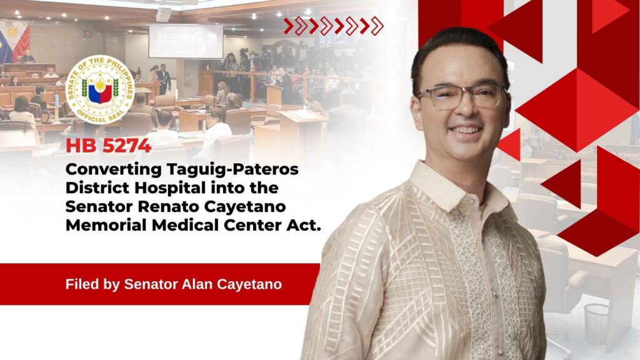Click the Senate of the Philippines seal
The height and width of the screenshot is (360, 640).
click(x=100, y=90)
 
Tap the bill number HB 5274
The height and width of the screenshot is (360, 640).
click(x=108, y=146)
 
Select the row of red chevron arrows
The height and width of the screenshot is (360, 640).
click(x=334, y=26)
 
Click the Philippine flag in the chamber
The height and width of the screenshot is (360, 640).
click(x=14, y=41)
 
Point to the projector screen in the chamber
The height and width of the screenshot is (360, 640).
click(x=186, y=41)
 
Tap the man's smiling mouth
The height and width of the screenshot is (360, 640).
click(x=466, y=131)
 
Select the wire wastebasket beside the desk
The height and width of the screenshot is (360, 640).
click(x=597, y=324)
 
